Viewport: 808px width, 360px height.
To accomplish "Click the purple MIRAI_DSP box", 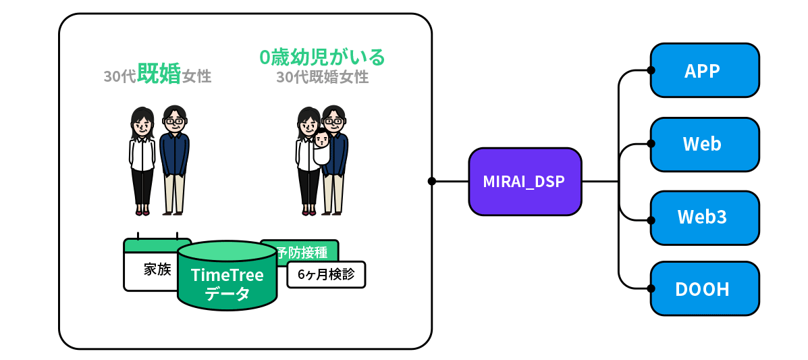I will tap(524, 182).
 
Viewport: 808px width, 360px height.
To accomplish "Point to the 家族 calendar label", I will tap(157, 269).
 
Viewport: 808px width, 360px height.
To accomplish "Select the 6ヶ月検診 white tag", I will tap(326, 275).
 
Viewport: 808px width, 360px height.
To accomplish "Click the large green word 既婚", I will tap(159, 74).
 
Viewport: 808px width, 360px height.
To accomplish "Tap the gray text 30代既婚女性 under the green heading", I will tap(322, 77).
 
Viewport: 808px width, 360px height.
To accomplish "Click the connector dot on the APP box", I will tap(651, 70).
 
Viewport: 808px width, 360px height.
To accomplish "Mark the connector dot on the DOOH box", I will tap(651, 288).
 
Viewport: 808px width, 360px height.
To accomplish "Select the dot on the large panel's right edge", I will tap(431, 181).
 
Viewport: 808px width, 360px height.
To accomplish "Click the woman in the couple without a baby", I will tap(142, 159).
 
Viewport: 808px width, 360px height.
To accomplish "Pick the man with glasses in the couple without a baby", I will tap(173, 159).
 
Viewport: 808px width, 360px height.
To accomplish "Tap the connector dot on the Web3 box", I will tap(651, 220).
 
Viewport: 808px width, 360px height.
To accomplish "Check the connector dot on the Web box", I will tap(651, 144).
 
